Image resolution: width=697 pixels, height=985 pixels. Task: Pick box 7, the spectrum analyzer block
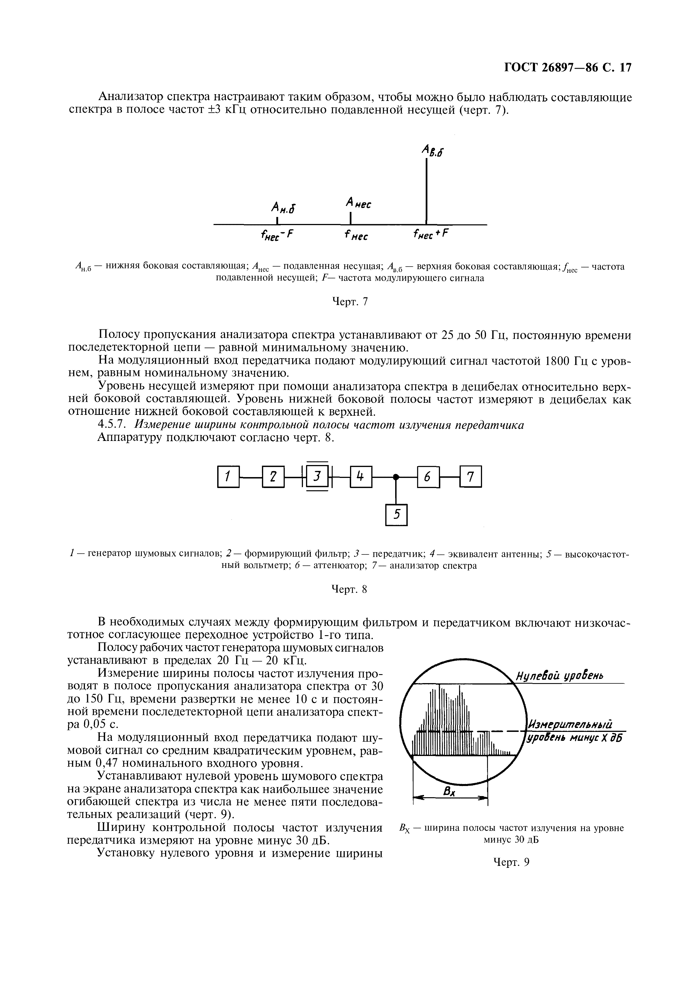click(x=471, y=477)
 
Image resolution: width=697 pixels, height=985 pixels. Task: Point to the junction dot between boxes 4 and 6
click(x=396, y=477)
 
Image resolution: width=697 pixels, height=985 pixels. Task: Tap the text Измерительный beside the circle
click(x=570, y=725)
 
